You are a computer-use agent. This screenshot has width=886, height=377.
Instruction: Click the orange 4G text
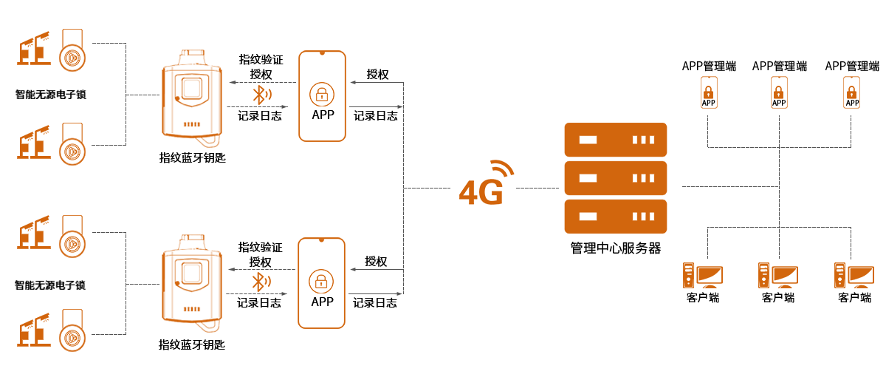(x=481, y=193)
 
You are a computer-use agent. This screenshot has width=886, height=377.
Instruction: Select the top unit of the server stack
(x=615, y=139)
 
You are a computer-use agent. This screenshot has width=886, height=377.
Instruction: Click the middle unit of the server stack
(x=615, y=177)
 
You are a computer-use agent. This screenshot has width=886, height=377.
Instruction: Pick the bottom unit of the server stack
(x=615, y=216)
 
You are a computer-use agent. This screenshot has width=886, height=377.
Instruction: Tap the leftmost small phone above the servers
(x=708, y=92)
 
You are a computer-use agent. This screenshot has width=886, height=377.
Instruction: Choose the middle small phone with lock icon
(x=778, y=92)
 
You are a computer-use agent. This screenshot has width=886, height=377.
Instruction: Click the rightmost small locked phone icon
(x=851, y=92)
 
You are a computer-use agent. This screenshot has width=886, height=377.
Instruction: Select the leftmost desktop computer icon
(x=702, y=275)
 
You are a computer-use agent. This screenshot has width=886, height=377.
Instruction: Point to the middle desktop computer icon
(x=777, y=275)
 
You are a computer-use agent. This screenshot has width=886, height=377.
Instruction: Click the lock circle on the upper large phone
(x=321, y=94)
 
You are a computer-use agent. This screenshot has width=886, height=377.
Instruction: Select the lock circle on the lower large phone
(x=321, y=281)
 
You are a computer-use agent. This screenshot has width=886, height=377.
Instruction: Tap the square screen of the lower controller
(x=191, y=274)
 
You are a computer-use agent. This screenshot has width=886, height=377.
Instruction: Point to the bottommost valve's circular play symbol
(x=72, y=337)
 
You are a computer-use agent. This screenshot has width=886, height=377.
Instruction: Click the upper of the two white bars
(x=44, y=275)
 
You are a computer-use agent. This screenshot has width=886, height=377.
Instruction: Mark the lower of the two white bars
(x=44, y=293)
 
